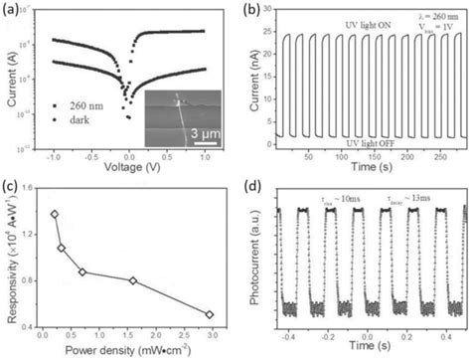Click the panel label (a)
(13, 10)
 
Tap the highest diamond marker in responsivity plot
(55, 214)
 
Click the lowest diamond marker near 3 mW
(209, 314)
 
